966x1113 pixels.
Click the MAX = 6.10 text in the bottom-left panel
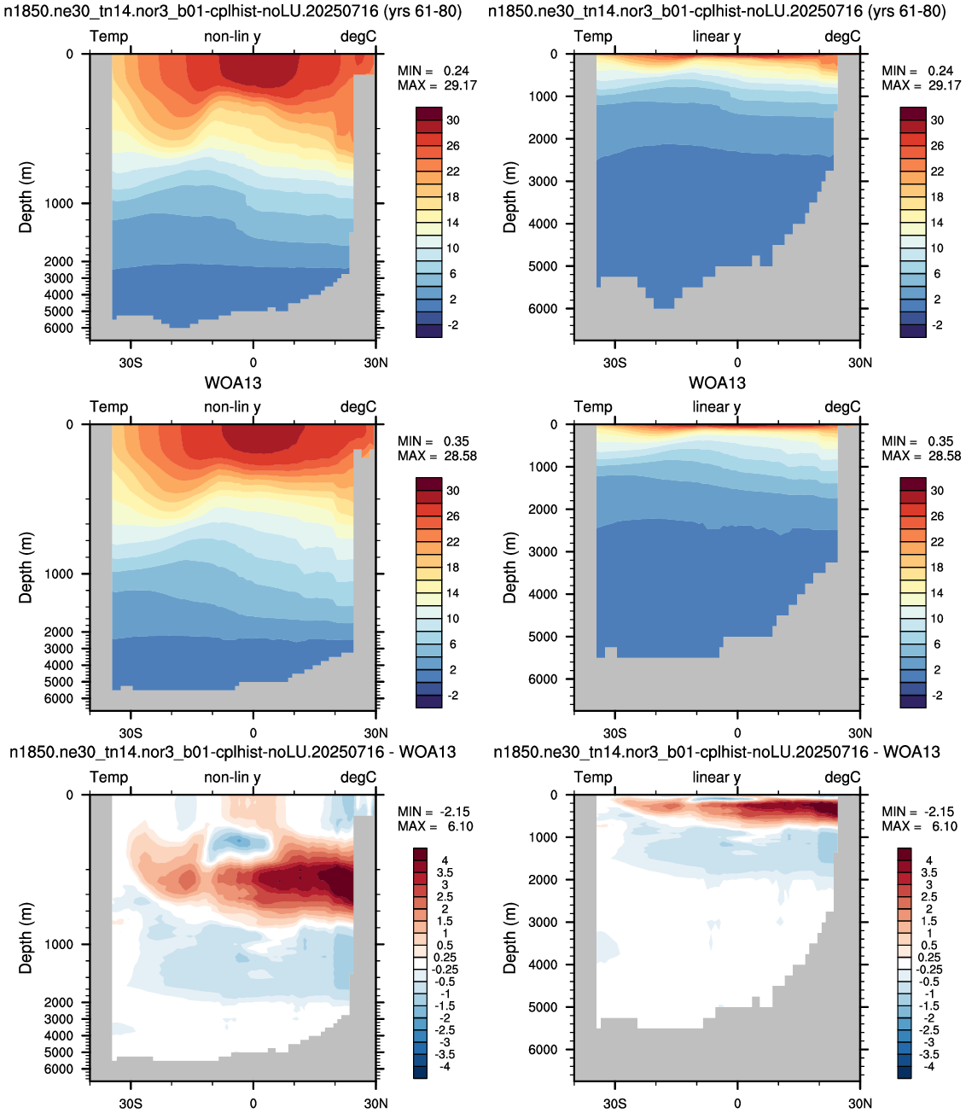coord(435,826)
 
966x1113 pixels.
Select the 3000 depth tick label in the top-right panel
coord(543,181)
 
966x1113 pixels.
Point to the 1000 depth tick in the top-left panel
coord(58,203)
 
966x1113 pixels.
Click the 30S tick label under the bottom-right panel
coord(614,1104)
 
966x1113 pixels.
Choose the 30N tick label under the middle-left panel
coord(375,732)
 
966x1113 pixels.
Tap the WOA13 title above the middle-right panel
coord(717,383)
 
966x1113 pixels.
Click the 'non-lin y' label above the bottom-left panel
coord(232,778)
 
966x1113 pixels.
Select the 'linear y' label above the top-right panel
coord(716,37)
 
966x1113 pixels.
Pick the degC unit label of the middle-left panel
coord(358,407)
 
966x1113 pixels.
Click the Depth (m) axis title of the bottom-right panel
coord(509,938)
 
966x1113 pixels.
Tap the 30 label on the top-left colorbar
coord(452,120)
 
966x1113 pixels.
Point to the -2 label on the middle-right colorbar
coord(937,696)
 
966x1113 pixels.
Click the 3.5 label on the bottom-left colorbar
coord(445,872)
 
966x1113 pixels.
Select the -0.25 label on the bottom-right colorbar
coord(929,970)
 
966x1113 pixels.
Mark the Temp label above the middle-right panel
coord(593,407)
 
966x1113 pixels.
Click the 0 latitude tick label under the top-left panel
coord(253,362)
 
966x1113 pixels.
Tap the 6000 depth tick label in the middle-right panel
coord(543,679)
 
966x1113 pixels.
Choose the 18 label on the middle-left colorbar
coord(452,568)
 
